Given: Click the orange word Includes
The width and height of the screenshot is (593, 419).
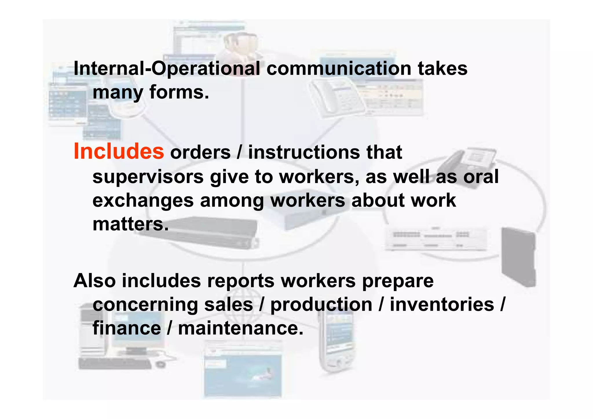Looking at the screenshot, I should [x=119, y=151].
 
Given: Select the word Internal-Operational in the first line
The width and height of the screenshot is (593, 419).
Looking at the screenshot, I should [x=167, y=69].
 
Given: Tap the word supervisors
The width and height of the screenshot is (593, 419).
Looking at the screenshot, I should [x=148, y=177].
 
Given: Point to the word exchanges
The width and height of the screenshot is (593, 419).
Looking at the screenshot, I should [x=143, y=201].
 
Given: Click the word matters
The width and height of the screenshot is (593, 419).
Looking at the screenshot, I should [x=130, y=224].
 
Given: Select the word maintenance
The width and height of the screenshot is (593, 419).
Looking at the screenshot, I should [x=241, y=328].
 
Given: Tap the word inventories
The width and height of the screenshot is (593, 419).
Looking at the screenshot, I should [x=442, y=305].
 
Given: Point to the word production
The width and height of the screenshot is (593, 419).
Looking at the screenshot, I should [x=321, y=305].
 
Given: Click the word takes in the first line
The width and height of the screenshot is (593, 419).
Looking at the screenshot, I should [x=442, y=69].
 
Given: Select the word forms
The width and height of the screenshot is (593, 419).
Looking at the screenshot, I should [x=179, y=92].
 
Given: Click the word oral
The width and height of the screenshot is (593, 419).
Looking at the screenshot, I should [x=481, y=177].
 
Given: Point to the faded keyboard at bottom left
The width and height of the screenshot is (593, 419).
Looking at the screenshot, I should [x=115, y=363].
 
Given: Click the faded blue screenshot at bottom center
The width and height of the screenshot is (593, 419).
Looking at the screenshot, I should [x=243, y=374].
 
